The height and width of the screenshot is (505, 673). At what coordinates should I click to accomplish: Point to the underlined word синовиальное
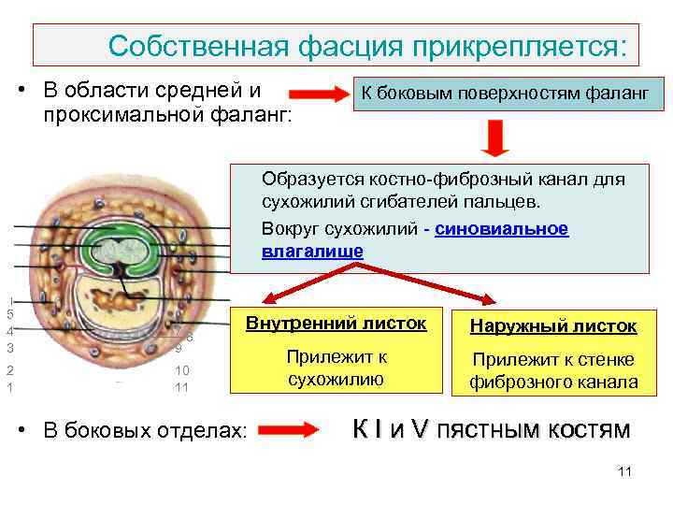point(501,229)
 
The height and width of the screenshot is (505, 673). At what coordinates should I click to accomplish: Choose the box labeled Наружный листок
point(553,325)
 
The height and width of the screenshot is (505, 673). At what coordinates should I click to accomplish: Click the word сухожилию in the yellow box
point(336,379)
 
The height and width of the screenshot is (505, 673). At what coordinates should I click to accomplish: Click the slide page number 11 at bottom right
point(625,471)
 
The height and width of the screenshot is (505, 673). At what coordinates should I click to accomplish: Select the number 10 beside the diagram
point(182,369)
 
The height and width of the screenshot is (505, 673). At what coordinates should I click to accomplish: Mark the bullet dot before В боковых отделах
point(31,431)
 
